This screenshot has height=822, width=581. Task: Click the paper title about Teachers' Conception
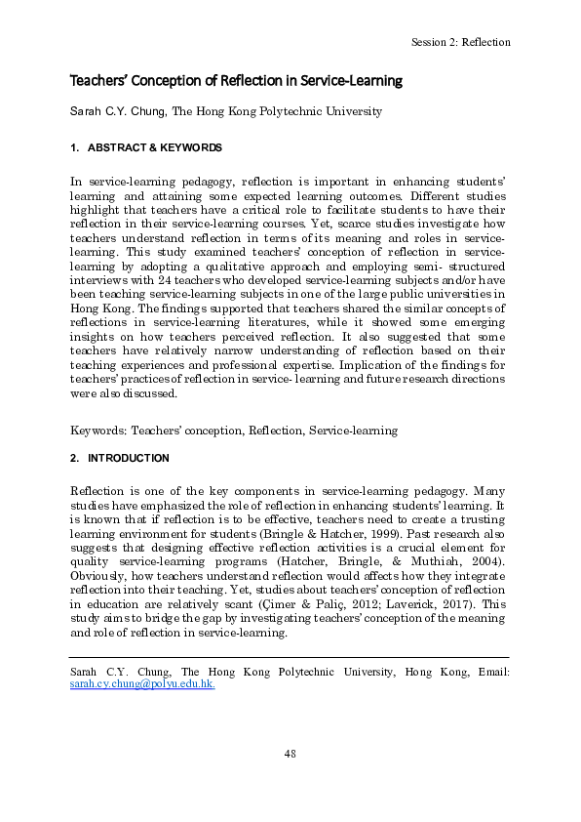tap(236, 80)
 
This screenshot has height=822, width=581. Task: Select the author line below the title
tap(226, 111)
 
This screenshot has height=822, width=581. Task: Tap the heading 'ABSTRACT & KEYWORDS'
tap(155, 148)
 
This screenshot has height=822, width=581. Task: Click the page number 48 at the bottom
tap(290, 753)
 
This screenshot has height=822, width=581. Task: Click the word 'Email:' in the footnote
tap(490, 673)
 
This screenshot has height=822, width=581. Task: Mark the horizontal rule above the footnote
tap(290, 658)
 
